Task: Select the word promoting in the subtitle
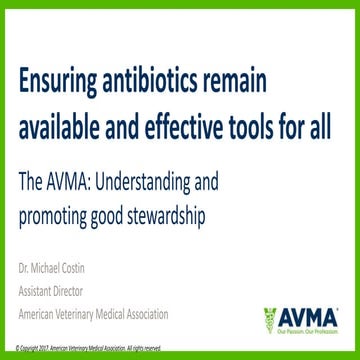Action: click(56, 213)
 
